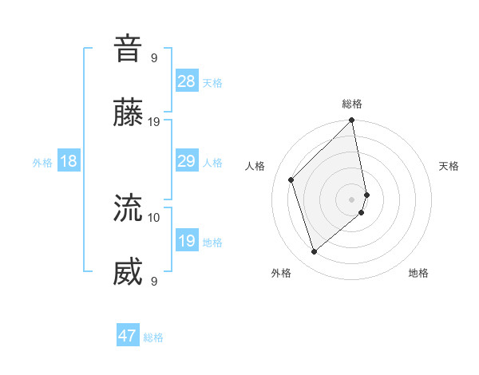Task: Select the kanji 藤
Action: click(x=128, y=113)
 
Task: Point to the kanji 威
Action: click(x=128, y=273)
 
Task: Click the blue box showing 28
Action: click(x=187, y=81)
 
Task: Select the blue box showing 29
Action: click(x=187, y=161)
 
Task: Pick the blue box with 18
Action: click(x=69, y=161)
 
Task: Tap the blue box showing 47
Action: click(x=128, y=336)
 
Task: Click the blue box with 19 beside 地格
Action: click(x=187, y=241)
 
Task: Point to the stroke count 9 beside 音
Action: click(x=154, y=57)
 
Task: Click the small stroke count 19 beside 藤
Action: click(x=154, y=122)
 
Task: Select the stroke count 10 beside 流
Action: click(x=154, y=216)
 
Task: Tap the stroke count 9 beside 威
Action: click(x=154, y=282)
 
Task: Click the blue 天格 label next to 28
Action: click(x=212, y=83)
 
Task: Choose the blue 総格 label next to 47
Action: click(x=153, y=337)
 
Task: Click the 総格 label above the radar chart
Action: click(x=352, y=104)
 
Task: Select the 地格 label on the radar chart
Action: click(x=418, y=273)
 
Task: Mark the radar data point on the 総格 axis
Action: click(x=352, y=121)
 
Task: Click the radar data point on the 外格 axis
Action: click(x=314, y=252)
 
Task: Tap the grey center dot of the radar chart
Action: click(x=352, y=199)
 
